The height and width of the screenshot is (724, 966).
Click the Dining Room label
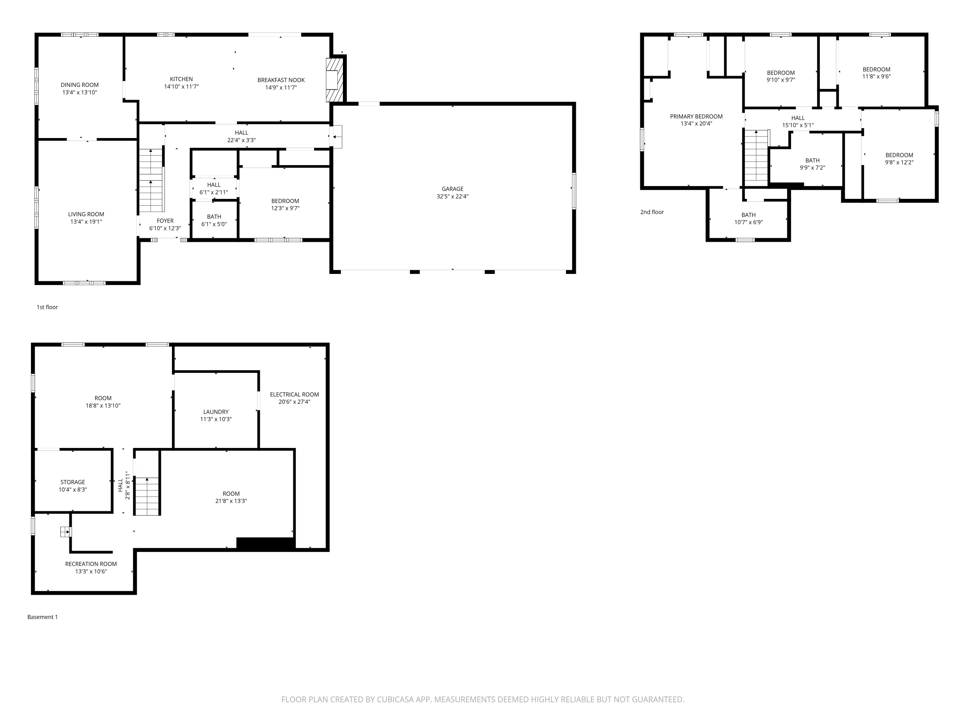pyautogui.click(x=80, y=85)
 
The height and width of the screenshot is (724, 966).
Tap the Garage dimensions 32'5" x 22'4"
pyautogui.click(x=452, y=196)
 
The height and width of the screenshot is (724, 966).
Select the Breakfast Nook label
pyautogui.click(x=281, y=80)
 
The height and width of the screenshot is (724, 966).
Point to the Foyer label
pyautogui.click(x=165, y=221)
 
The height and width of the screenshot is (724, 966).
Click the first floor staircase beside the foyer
pyautogui.click(x=151, y=180)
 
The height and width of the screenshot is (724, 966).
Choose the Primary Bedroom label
pyautogui.click(x=696, y=116)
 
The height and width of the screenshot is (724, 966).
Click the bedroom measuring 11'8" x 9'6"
pyautogui.click(x=876, y=73)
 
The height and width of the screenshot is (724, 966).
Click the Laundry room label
pyautogui.click(x=216, y=412)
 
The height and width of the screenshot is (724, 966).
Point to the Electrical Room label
pyautogui.click(x=294, y=394)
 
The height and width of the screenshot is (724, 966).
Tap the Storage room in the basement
pyautogui.click(x=72, y=485)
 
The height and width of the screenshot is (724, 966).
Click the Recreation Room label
pyautogui.click(x=91, y=564)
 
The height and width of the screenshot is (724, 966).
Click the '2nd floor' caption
pyautogui.click(x=652, y=212)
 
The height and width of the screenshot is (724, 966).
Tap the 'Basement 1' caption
pyautogui.click(x=43, y=617)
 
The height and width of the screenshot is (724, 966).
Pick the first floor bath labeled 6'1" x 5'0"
pyautogui.click(x=214, y=220)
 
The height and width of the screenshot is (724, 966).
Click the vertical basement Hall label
pyautogui.click(x=120, y=485)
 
